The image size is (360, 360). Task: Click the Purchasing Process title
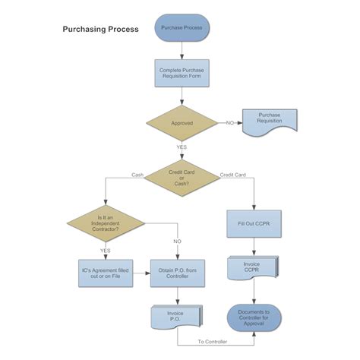100,30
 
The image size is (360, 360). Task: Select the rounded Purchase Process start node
182,27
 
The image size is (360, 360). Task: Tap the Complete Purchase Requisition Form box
182,74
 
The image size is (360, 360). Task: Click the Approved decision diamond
182,122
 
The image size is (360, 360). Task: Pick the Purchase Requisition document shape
270,122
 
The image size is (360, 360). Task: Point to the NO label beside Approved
229,122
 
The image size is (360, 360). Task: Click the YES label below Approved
182,147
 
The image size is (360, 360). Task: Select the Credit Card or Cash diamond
182,177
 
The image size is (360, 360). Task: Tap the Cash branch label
137,175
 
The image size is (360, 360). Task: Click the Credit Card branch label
232,175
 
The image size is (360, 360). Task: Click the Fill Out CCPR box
254,224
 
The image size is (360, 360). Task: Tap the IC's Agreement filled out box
106,273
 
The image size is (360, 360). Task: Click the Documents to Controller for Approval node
254,317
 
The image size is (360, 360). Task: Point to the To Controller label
213,342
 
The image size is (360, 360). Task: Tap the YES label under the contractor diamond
106,249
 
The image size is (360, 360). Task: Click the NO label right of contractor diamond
177,241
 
